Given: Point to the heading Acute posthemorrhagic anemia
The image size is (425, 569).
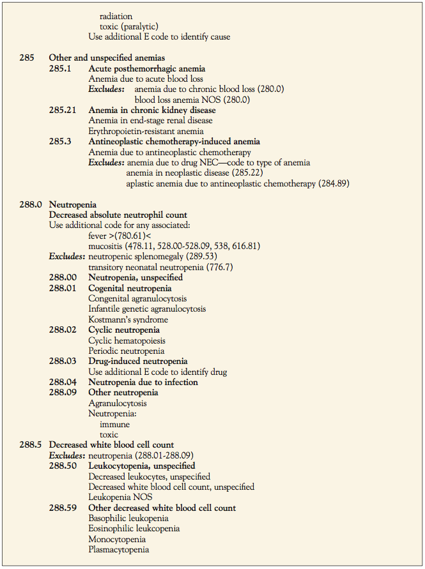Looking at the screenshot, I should click(x=147, y=68).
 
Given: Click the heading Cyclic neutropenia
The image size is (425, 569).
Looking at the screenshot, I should click(x=124, y=330).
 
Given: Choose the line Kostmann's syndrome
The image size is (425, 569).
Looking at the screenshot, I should click(x=128, y=319).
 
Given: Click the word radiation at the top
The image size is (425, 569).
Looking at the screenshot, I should click(x=116, y=16).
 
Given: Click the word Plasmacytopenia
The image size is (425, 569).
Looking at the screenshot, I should click(x=119, y=550).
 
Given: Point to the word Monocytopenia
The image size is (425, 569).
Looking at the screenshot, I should click(x=116, y=539).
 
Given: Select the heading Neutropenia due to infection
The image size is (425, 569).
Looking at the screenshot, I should click(x=143, y=383).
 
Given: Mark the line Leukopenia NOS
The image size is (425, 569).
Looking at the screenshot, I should click(x=120, y=497).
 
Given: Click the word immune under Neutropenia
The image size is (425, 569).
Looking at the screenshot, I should click(x=114, y=424).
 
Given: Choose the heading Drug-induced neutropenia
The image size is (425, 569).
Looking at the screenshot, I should click(x=138, y=361).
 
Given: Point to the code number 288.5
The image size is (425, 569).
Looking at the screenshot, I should click(x=31, y=445).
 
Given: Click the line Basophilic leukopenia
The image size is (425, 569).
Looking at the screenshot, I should click(x=128, y=519).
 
